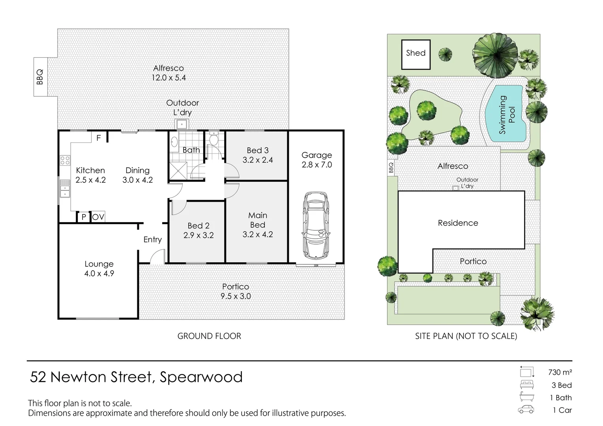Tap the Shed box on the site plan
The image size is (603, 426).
[416, 54]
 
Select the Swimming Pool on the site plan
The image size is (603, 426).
[507, 115]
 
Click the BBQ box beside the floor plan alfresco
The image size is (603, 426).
[40, 77]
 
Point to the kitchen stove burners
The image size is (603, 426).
[65, 160]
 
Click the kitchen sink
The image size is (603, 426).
[65, 189]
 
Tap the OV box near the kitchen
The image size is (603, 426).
[98, 217]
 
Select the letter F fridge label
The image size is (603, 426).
[99, 138]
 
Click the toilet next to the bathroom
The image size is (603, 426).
[213, 139]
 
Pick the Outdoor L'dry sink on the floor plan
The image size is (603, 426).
[182, 124]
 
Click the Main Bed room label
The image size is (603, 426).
[257, 220]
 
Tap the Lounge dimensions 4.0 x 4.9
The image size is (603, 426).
[99, 273]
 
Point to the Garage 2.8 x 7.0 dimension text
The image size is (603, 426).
[316, 165]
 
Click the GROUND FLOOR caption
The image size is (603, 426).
[209, 336]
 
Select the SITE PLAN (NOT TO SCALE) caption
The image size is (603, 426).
[466, 336]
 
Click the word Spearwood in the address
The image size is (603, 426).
[201, 377]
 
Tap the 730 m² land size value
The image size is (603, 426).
[560, 372]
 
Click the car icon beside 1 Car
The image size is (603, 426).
[526, 410]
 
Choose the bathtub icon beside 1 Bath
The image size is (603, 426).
[526, 397]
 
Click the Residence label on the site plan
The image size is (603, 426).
[458, 223]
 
